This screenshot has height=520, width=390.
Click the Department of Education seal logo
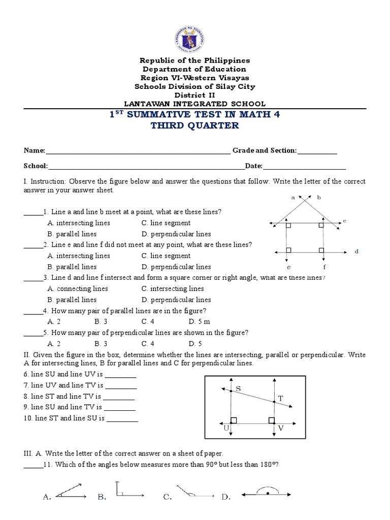coord(195,35)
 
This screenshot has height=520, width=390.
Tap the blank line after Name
coord(138,151)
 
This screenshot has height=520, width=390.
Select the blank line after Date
coord(304,166)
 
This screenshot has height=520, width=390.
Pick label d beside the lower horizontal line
coord(356,251)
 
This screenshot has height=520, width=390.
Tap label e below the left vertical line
coord(288,266)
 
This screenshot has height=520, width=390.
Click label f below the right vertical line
coord(323,266)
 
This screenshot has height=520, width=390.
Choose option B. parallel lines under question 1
coord(72,234)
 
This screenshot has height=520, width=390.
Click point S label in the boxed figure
coord(238,389)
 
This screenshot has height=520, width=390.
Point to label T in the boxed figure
coord(280,398)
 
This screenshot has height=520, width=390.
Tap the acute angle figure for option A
coord(72,491)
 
